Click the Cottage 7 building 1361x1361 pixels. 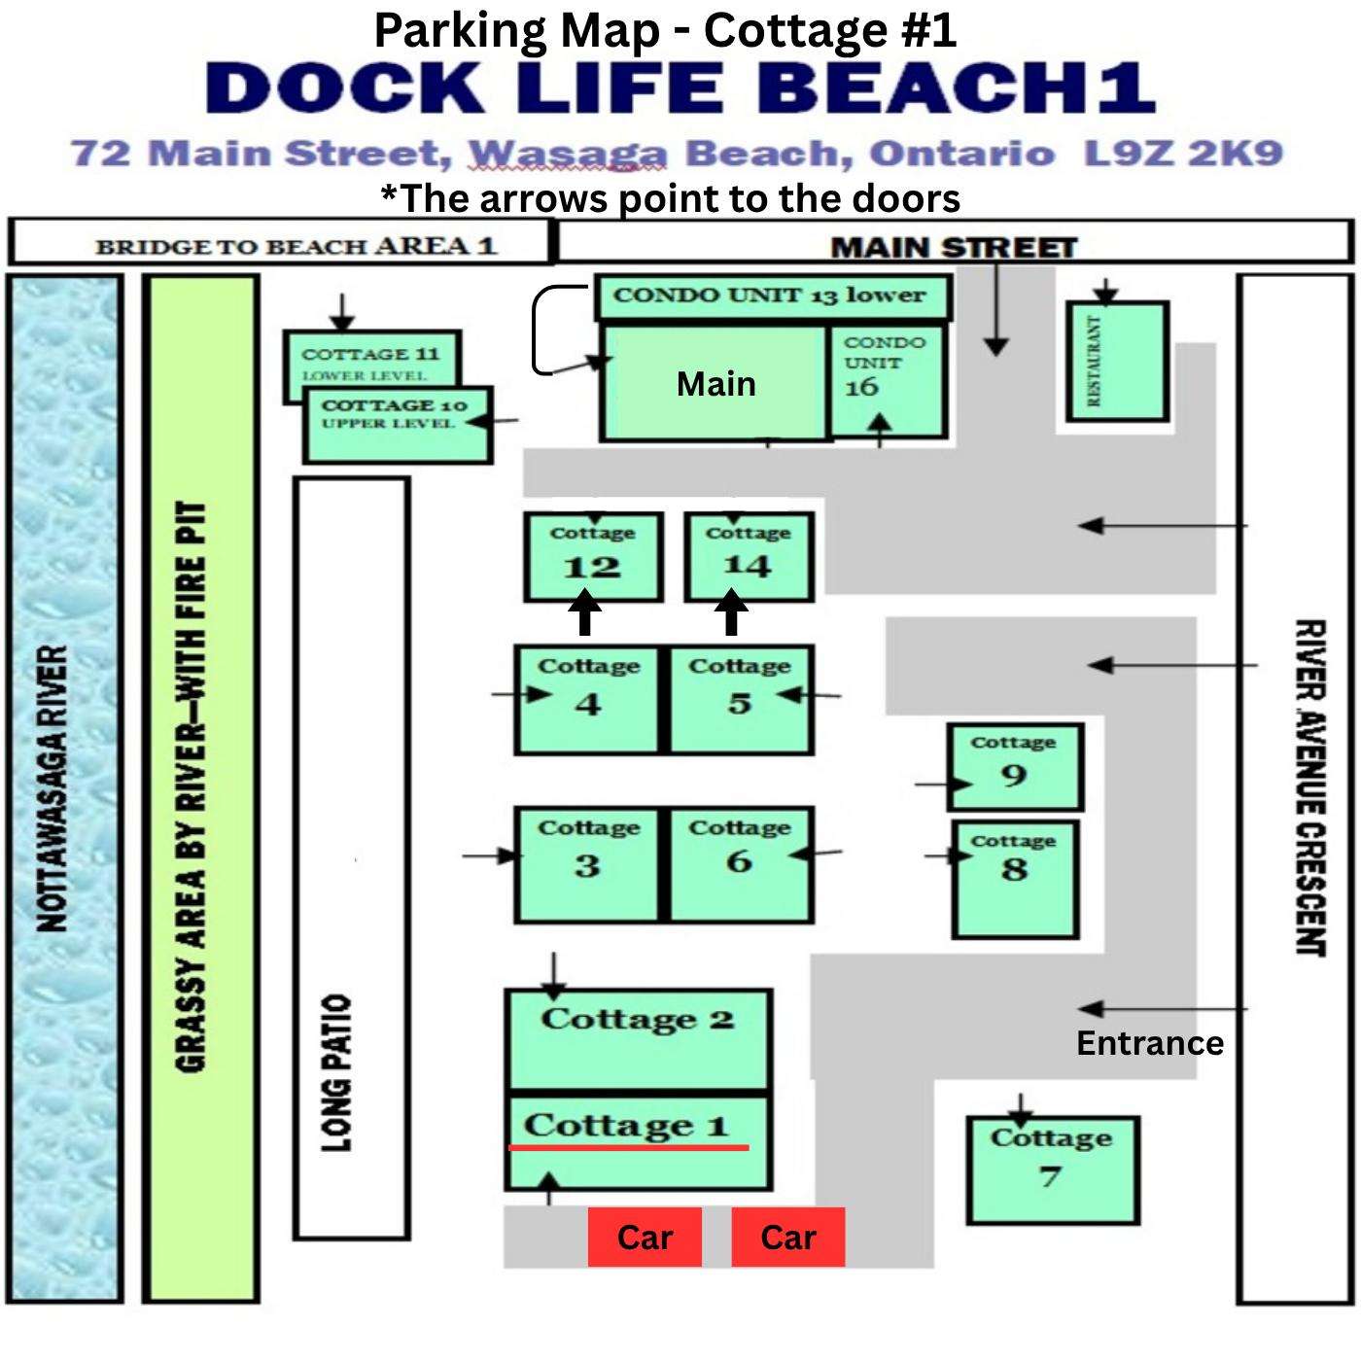point(1053,1169)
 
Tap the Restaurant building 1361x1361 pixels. point(1117,362)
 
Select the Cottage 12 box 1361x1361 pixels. point(593,557)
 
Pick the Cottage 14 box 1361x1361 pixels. point(750,557)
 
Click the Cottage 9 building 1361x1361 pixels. point(1015,767)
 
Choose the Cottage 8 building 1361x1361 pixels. point(1015,880)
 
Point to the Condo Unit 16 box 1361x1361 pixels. point(888,381)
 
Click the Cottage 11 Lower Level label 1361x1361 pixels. point(370,363)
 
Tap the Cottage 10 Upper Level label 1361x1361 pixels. point(394,413)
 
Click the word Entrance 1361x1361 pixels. point(1150,1043)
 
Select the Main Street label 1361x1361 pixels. point(954,248)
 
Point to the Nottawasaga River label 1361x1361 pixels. point(52,788)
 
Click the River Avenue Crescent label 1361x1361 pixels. point(1310,787)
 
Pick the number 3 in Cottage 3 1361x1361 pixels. point(587,865)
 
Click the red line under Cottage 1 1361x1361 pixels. point(629,1148)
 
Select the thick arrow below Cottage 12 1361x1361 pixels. point(585,612)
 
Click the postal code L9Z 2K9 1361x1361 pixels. point(1184,154)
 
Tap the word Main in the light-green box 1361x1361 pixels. point(716,384)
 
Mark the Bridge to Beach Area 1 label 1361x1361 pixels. point(297,247)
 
